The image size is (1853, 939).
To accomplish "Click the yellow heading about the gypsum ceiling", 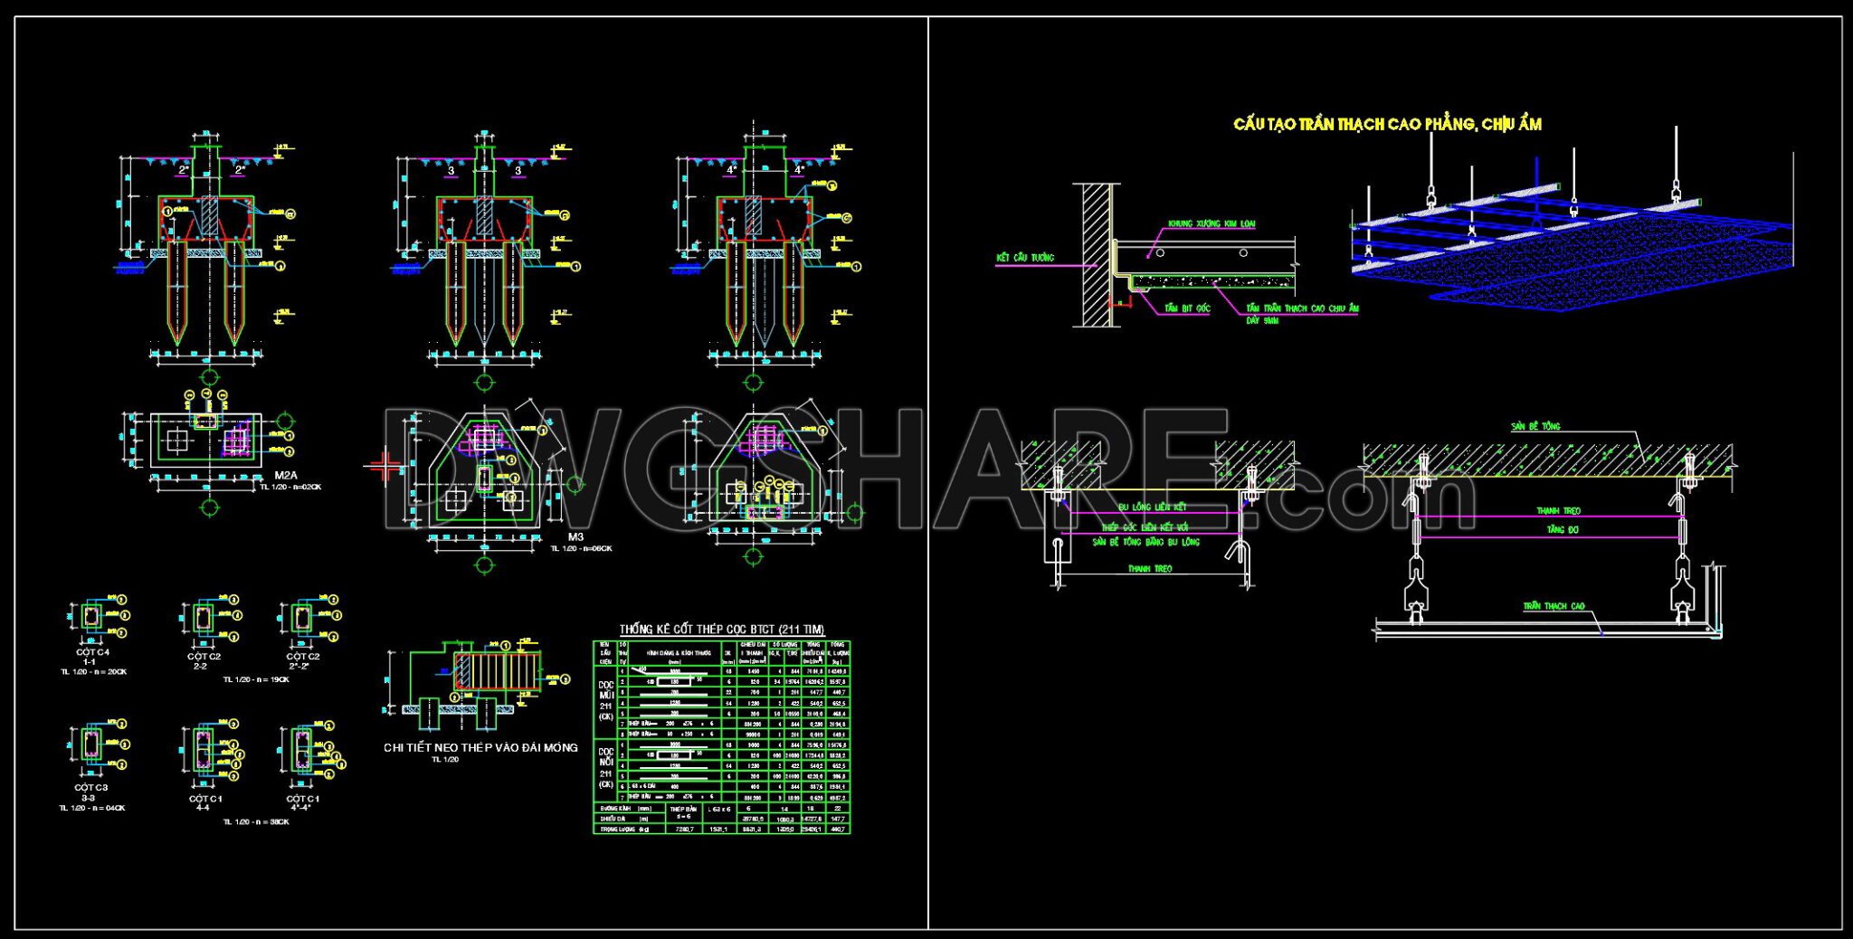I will click(x=1387, y=124).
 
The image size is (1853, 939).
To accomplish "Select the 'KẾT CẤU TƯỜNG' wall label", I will click(x=1024, y=258).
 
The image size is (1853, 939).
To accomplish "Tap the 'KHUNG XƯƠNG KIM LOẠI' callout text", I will click(x=1211, y=223).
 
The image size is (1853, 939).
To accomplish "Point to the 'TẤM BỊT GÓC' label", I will click(x=1187, y=308).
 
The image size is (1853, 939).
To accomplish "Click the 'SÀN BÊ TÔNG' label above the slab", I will click(x=1535, y=426).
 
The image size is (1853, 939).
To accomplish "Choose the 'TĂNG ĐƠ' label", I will click(x=1562, y=529).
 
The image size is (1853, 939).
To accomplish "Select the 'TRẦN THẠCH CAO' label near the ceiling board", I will click(x=1554, y=606).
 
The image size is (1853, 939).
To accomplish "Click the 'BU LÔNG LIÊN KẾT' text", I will click(x=1152, y=507).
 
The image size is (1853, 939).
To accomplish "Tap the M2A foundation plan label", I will click(x=286, y=475).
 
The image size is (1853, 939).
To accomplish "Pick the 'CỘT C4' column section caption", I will click(x=92, y=652).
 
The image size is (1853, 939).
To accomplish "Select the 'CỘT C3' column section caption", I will click(x=91, y=787).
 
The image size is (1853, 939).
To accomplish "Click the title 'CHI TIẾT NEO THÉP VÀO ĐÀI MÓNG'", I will click(x=480, y=747).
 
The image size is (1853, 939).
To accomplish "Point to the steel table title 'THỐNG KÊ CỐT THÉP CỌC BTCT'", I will click(x=721, y=629).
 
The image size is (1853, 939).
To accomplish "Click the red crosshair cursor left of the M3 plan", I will click(x=386, y=467).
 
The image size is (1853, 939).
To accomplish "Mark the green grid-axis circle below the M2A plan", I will click(x=209, y=508).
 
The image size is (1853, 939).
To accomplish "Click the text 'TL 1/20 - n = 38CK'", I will click(x=256, y=821).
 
